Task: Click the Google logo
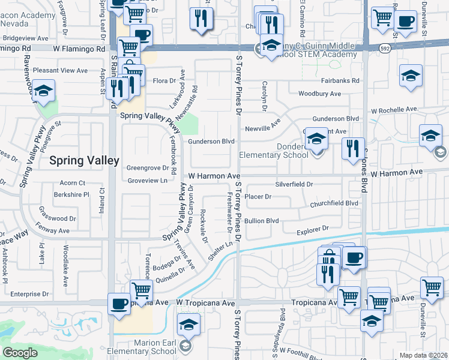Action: (20, 353)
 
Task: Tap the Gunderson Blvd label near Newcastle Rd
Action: (211, 142)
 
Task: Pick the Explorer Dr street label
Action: (313, 229)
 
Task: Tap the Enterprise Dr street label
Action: (29, 294)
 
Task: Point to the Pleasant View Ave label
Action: (61, 71)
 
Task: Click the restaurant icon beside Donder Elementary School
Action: (353, 148)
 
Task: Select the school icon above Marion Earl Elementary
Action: (188, 325)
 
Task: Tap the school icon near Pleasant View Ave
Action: (43, 91)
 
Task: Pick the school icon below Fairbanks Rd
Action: (411, 76)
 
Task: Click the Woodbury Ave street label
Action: (320, 94)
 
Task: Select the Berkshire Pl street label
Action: (71, 195)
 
